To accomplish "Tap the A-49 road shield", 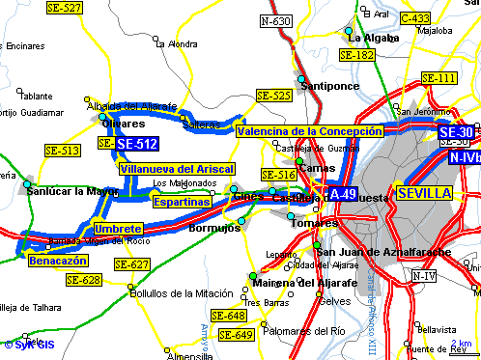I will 343,194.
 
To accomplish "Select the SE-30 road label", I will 456,132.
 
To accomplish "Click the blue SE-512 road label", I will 136,144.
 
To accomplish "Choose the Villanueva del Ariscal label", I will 177,168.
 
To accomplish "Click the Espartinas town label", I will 182,202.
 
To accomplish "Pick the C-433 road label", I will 414,17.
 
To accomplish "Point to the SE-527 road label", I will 65,8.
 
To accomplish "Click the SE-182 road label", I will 356,56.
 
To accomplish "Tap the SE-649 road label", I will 236,335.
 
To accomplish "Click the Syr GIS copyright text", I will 29,344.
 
